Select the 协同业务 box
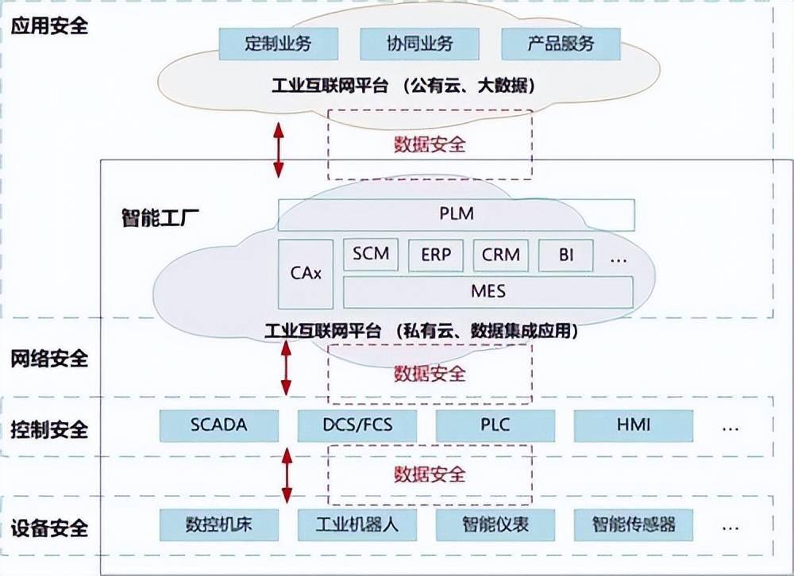pyautogui.click(x=419, y=44)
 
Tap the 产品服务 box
pyautogui.click(x=561, y=44)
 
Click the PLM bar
pyautogui.click(x=457, y=214)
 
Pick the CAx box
pyautogui.click(x=306, y=274)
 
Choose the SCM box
pyautogui.click(x=371, y=255)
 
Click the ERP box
pyautogui.click(x=436, y=255)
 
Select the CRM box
pyautogui.click(x=501, y=255)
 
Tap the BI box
pyautogui.click(x=566, y=255)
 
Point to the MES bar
pyautogui.click(x=488, y=291)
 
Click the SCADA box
pyautogui.click(x=219, y=425)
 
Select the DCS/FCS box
pyautogui.click(x=357, y=425)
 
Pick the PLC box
pyautogui.click(x=495, y=425)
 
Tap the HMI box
pyautogui.click(x=634, y=425)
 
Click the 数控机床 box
pyautogui.click(x=219, y=524)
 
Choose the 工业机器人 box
pyautogui.click(x=357, y=524)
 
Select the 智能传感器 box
pyautogui.click(x=634, y=524)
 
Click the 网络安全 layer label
pyautogui.click(x=49, y=359)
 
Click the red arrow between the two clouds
pyautogui.click(x=278, y=149)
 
